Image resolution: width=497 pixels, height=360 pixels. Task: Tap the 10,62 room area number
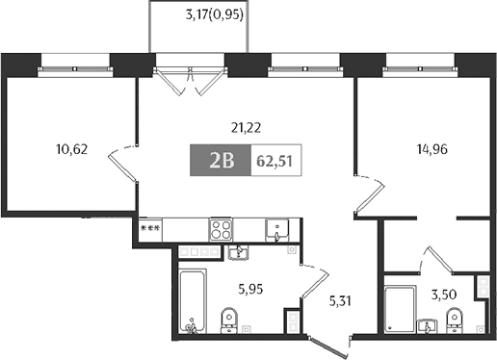[72, 149]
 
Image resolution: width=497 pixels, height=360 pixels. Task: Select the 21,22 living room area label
[246, 128]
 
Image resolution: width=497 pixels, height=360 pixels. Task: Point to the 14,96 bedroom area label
[432, 149]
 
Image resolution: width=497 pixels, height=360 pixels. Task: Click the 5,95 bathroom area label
[250, 290]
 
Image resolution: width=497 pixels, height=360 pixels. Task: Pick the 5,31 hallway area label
[340, 301]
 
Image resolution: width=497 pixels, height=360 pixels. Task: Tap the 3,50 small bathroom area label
[444, 295]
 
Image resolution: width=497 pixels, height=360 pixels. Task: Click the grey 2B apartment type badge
[221, 160]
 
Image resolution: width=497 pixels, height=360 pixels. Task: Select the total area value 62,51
[275, 161]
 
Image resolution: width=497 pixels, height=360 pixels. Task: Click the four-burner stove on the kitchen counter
[221, 229]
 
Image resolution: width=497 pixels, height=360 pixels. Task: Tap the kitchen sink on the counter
[277, 230]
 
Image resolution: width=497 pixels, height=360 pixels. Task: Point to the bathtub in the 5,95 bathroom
[192, 301]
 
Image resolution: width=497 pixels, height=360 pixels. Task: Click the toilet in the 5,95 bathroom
[229, 321]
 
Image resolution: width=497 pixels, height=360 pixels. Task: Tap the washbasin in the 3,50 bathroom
[428, 326]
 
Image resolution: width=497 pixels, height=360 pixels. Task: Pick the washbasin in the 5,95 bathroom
[238, 252]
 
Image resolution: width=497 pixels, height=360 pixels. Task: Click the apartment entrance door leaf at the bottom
[328, 347]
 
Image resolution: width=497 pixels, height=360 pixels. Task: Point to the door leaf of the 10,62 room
[122, 167]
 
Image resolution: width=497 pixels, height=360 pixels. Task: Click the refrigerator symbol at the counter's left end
[150, 230]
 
